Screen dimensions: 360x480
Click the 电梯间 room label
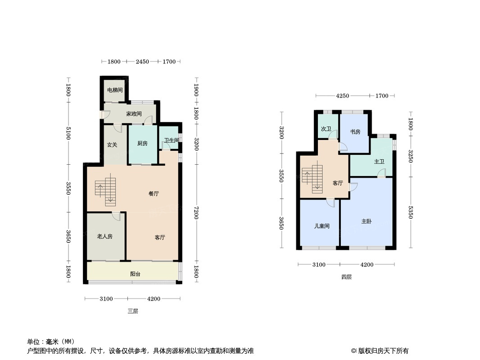114,90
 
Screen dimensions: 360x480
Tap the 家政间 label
134,114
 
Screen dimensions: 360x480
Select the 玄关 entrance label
112,144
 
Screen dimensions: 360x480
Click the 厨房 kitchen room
142,144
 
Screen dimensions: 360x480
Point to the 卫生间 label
171,140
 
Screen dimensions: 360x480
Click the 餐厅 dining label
154,194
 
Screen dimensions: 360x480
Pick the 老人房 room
104,236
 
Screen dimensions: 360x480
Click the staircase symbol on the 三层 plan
106,191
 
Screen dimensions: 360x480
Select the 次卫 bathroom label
326,129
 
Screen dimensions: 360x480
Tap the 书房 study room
355,132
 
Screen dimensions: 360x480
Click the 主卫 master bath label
379,161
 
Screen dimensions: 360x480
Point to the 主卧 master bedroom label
367,221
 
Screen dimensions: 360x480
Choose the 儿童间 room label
322,226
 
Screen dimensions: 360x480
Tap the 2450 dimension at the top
142,62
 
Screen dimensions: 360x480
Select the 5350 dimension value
410,212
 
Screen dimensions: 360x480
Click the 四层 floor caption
346,277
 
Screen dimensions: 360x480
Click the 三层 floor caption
132,311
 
